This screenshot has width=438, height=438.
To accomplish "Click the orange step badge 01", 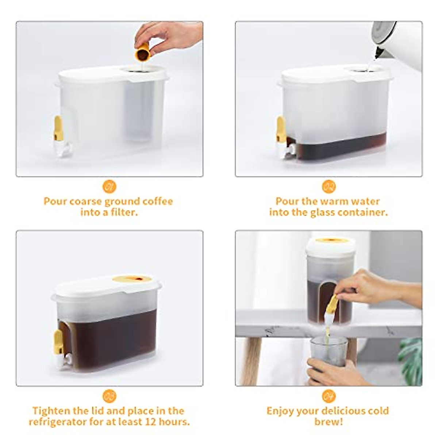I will pos(109,187).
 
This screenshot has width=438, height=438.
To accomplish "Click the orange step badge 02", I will pos(328,187).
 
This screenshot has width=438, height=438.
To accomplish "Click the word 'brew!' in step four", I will pos(328,422).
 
